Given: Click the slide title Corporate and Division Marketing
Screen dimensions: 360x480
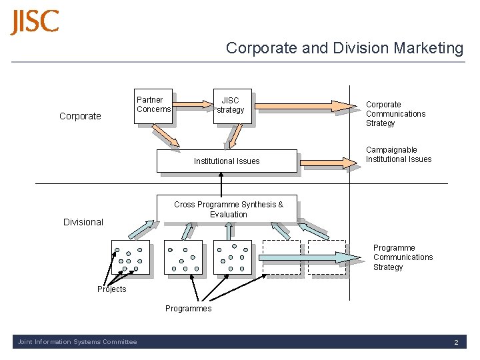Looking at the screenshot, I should tap(344, 48).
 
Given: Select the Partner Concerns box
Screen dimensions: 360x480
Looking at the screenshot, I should tap(153, 105).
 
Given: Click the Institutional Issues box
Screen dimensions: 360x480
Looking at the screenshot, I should tap(227, 161).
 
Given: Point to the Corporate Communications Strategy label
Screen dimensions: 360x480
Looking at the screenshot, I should tap(395, 114).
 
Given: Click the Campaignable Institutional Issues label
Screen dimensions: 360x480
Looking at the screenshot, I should tap(398, 155).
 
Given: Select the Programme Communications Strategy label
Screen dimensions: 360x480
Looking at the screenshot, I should tap(403, 257).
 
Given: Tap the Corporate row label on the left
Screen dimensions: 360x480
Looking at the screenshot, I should tap(80, 116).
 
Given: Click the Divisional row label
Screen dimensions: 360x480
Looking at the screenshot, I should tap(83, 222).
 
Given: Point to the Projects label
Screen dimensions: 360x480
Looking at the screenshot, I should tap(111, 289).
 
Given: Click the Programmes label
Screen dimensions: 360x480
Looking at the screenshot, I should tap(188, 308).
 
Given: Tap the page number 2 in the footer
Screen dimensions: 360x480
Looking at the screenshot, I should tap(456, 342).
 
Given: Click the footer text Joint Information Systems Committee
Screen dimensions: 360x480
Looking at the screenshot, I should tap(77, 342).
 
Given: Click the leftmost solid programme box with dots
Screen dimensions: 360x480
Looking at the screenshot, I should tap(130, 257).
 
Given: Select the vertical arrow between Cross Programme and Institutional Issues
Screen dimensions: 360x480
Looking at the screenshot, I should tap(221, 183).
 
